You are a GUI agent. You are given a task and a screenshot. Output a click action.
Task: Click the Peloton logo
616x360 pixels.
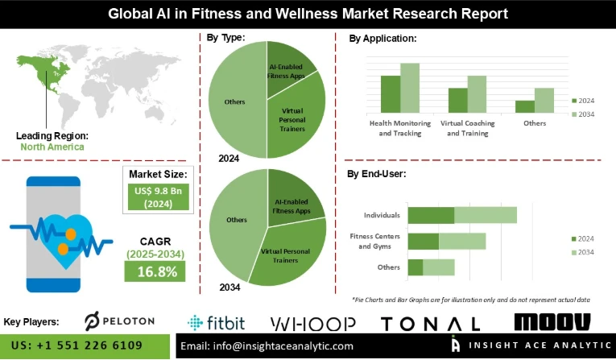click(118, 321)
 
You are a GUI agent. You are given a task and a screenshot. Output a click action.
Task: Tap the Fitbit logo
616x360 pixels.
click(215, 322)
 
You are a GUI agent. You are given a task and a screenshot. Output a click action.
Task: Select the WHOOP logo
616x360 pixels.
click(312, 323)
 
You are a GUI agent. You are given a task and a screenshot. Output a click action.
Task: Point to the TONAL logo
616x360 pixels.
click(430, 323)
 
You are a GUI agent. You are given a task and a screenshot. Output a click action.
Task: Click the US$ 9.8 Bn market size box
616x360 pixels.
click(158, 197)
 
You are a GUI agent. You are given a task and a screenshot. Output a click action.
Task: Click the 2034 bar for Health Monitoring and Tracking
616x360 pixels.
click(410, 87)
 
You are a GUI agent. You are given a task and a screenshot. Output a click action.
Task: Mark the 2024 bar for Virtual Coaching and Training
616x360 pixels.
click(457, 100)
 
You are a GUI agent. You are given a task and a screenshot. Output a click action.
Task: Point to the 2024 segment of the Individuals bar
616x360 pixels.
click(431, 215)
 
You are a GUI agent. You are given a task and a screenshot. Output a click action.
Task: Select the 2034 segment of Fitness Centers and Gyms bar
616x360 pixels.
click(462, 242)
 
